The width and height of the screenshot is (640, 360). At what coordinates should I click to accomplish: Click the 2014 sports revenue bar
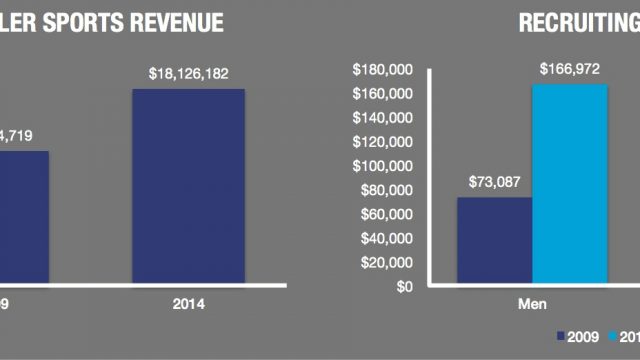[188, 187]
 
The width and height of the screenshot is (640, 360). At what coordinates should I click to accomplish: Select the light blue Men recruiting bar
[569, 185]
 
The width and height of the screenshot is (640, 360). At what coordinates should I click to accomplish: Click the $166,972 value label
[570, 68]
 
